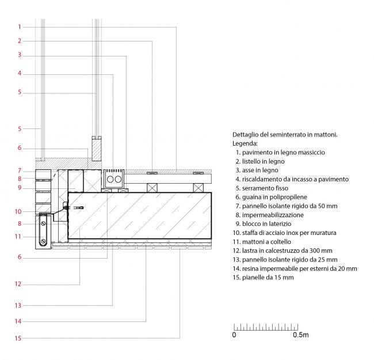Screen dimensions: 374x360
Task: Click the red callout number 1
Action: tap(20, 27)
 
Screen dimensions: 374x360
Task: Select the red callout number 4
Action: tap(20, 73)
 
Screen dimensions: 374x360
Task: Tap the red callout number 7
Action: tap(20, 170)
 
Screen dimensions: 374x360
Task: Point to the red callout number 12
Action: tap(18, 284)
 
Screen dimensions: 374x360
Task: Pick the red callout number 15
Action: tap(18, 338)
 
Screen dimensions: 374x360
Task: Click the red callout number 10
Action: tap(18, 211)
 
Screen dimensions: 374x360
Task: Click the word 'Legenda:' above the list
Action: tap(245, 143)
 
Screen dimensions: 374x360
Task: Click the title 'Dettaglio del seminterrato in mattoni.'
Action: tap(285, 135)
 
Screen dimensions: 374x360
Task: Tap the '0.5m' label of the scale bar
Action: tap(301, 335)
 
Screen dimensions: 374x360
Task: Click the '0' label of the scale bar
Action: tap(234, 335)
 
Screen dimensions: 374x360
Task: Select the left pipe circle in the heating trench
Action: tap(110, 179)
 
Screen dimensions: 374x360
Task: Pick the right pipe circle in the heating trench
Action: tap(118, 179)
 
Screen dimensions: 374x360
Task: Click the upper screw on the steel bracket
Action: tap(43, 223)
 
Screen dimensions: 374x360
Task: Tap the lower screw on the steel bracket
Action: tap(43, 241)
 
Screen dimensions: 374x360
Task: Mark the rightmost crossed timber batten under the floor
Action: tap(199, 188)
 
